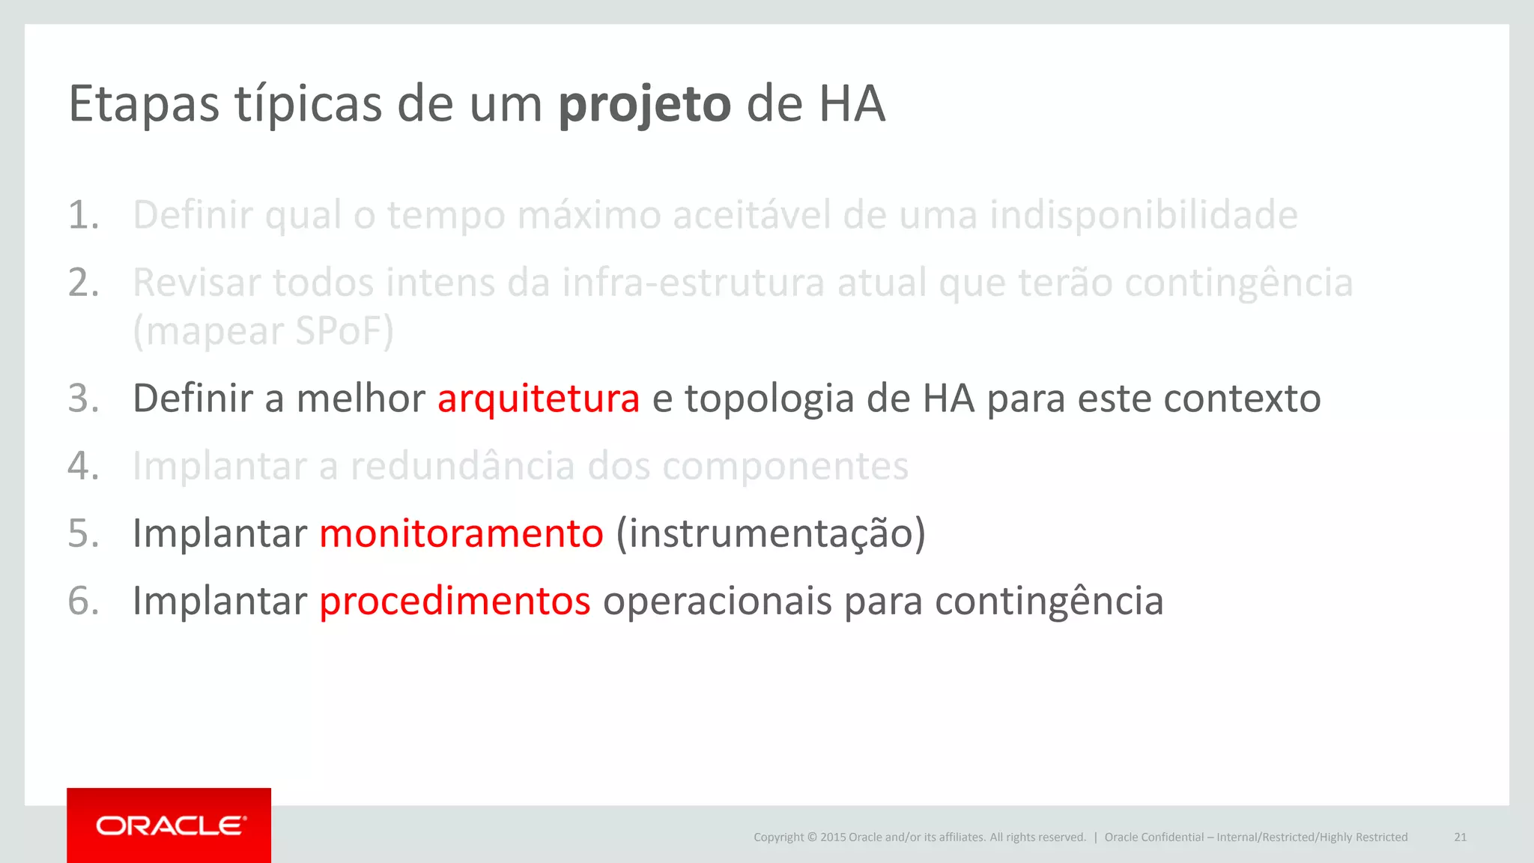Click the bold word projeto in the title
click(x=644, y=105)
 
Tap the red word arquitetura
click(x=539, y=399)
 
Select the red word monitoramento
click(x=461, y=533)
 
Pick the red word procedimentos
click(x=455, y=601)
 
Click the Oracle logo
click(x=169, y=826)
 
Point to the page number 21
click(x=1460, y=837)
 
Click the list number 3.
click(x=83, y=399)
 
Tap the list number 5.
click(x=83, y=533)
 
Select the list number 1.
click(x=83, y=216)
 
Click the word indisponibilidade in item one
click(x=1143, y=216)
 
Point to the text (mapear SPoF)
click(x=263, y=331)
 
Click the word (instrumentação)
click(x=771, y=533)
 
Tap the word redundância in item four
click(x=463, y=466)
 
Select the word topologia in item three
click(x=769, y=399)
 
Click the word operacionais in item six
click(x=717, y=601)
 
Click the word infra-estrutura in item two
click(x=694, y=283)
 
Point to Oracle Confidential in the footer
click(x=1153, y=837)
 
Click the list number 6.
click(x=83, y=601)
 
